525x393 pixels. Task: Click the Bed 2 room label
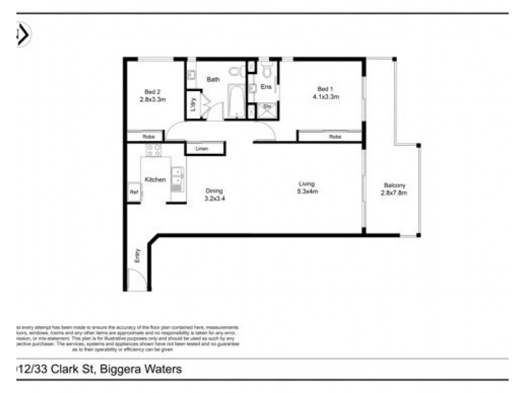pyautogui.click(x=152, y=91)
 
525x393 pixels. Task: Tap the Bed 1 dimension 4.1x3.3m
pyautogui.click(x=325, y=97)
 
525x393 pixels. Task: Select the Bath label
pyautogui.click(x=213, y=79)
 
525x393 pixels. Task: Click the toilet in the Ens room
pyautogui.click(x=266, y=70)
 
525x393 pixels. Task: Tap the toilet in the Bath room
pyautogui.click(x=234, y=72)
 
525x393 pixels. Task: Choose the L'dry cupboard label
pyautogui.click(x=194, y=105)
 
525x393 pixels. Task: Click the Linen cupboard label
pyautogui.click(x=201, y=149)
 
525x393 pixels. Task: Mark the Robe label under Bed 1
pyautogui.click(x=335, y=137)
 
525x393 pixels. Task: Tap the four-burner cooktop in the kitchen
pyautogui.click(x=154, y=150)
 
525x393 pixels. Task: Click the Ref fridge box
pyautogui.click(x=134, y=192)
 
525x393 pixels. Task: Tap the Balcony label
pyautogui.click(x=394, y=185)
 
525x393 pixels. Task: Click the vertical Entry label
pyautogui.click(x=138, y=254)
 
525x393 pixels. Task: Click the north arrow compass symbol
pyautogui.click(x=22, y=34)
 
